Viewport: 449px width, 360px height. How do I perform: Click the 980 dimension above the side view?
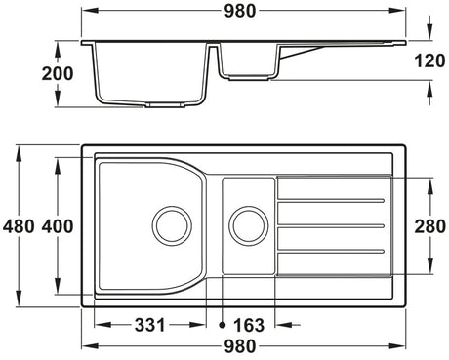(240, 11)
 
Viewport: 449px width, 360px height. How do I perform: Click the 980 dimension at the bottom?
(240, 346)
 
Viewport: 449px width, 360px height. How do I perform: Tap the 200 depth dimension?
(58, 74)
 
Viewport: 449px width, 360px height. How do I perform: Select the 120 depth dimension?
(429, 60)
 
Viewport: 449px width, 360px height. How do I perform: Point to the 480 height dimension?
(19, 226)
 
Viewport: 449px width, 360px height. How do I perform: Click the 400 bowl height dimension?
(58, 226)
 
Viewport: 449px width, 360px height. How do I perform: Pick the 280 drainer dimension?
(429, 226)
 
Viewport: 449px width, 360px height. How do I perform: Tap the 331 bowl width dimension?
(150, 325)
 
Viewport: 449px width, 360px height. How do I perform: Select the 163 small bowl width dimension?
(249, 325)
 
